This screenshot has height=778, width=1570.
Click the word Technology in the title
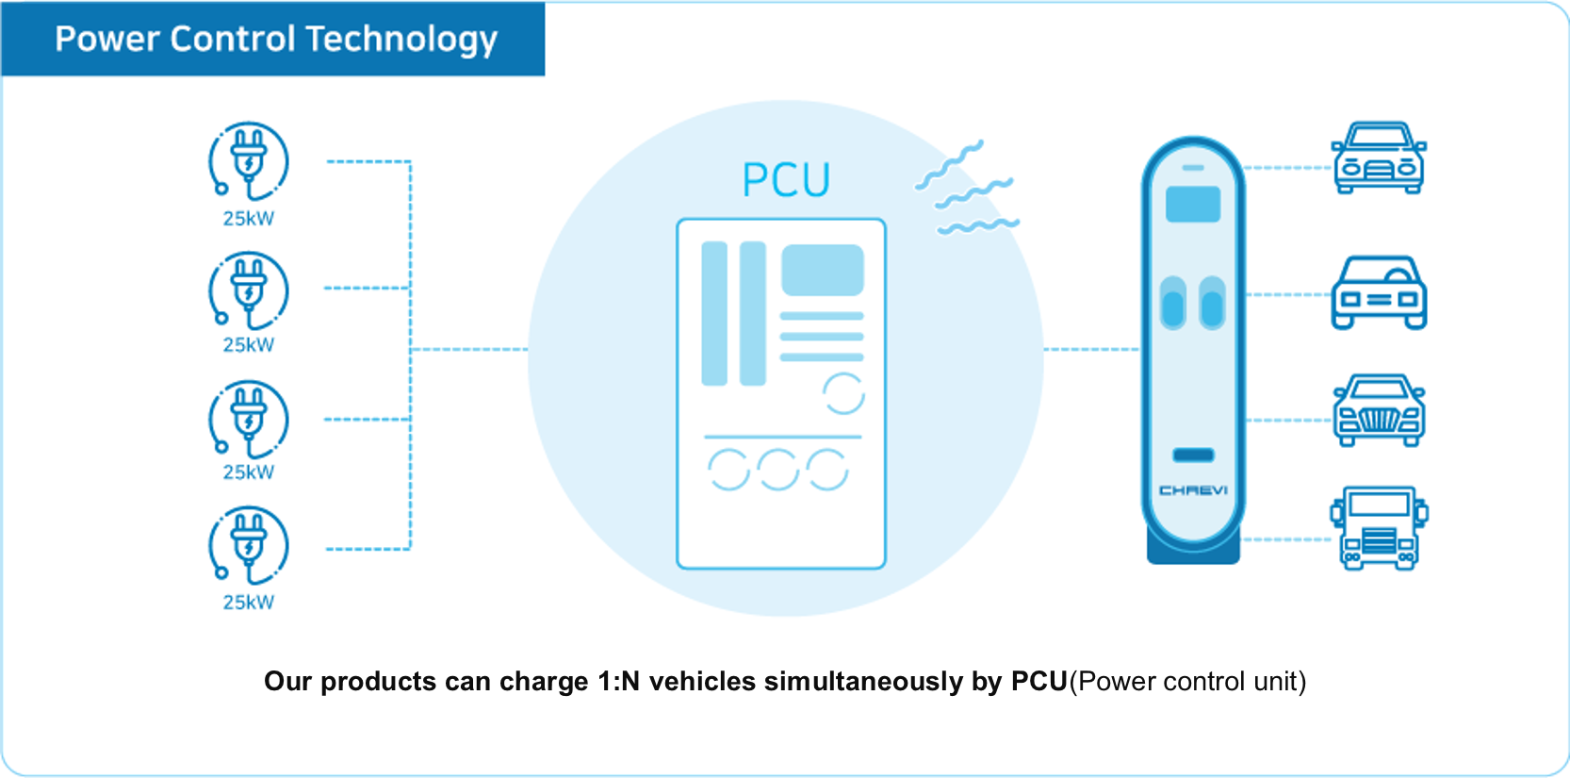pyautogui.click(x=401, y=40)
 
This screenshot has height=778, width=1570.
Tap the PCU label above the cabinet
pyautogui.click(x=786, y=179)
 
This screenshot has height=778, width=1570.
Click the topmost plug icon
pyautogui.click(x=248, y=160)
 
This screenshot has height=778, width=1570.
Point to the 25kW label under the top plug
pyautogui.click(x=248, y=219)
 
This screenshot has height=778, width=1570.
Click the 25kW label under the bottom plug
pyautogui.click(x=248, y=603)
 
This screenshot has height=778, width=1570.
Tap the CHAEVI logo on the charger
pyautogui.click(x=1193, y=490)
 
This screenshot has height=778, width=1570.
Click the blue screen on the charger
pyautogui.click(x=1193, y=204)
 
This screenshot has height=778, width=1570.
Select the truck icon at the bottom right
pyautogui.click(x=1380, y=528)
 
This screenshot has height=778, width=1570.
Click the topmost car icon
pyautogui.click(x=1379, y=157)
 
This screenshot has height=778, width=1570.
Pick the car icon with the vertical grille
pyautogui.click(x=1379, y=410)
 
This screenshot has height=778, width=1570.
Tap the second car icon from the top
pyautogui.click(x=1379, y=292)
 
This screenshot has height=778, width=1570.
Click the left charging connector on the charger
pyautogui.click(x=1172, y=303)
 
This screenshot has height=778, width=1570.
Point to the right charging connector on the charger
pyautogui.click(x=1212, y=303)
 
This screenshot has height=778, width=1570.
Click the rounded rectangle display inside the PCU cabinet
pyautogui.click(x=822, y=270)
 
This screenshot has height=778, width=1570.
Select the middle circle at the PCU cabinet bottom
pyautogui.click(x=778, y=470)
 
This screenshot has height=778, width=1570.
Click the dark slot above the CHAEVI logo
pyautogui.click(x=1193, y=455)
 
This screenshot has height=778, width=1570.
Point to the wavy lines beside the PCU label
pyautogui.click(x=967, y=188)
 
